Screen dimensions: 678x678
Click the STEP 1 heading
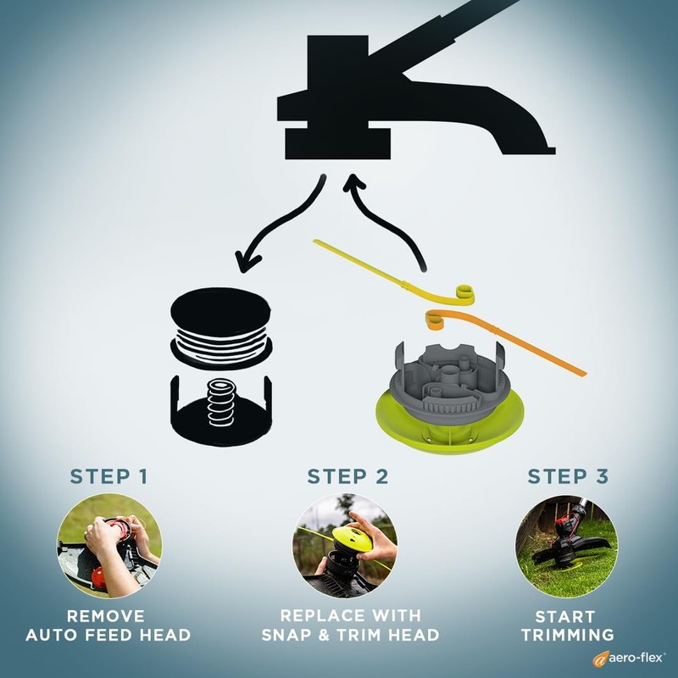(109, 476)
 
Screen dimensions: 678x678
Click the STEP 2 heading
(347, 476)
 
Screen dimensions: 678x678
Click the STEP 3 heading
(568, 476)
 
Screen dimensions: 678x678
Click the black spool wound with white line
(220, 326)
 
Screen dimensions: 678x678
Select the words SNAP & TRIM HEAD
(347, 635)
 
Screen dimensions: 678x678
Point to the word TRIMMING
(567, 635)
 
